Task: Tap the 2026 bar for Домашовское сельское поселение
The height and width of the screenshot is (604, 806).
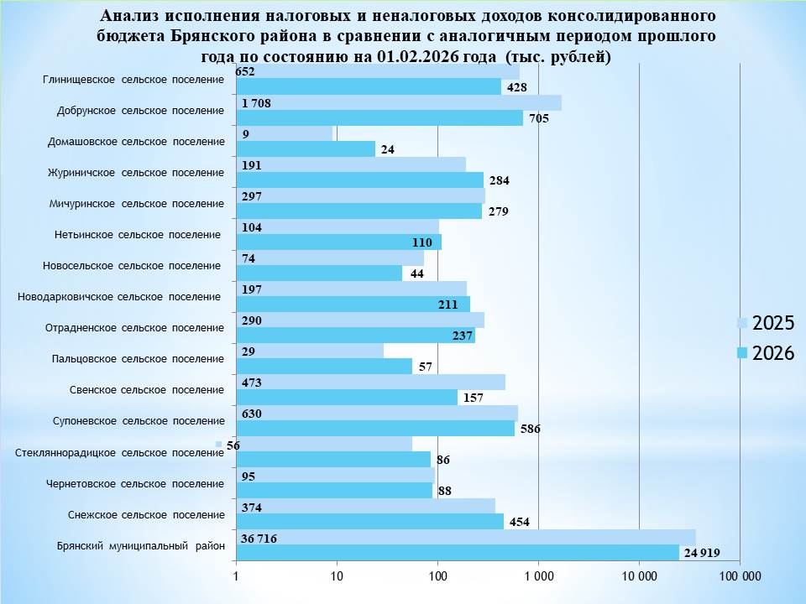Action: click(x=306, y=149)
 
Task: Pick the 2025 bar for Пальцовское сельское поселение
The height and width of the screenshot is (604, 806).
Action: click(x=310, y=351)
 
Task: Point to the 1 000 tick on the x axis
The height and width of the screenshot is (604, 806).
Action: click(x=538, y=576)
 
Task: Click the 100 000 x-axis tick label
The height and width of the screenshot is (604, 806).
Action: click(x=741, y=576)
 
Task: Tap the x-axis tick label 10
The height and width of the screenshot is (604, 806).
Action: click(x=337, y=576)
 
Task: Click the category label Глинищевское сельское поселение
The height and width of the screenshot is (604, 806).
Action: click(x=133, y=80)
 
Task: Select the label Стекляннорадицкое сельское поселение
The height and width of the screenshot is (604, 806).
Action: click(x=119, y=453)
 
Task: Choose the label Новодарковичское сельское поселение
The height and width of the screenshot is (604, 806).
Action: click(x=119, y=296)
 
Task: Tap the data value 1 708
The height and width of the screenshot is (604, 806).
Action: click(x=255, y=103)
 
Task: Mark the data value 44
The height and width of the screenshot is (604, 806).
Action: click(x=417, y=273)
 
